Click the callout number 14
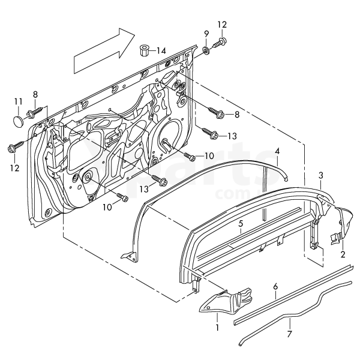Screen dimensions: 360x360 (161, 51)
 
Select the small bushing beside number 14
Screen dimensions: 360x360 (144, 49)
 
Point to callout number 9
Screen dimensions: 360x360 (206, 33)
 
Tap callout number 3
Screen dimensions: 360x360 (321, 175)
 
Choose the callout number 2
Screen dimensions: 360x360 (343, 254)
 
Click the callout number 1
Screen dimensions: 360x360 (217, 329)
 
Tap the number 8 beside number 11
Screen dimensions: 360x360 (35, 94)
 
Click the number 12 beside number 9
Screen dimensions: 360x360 (223, 25)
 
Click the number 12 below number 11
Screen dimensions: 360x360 (14, 168)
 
